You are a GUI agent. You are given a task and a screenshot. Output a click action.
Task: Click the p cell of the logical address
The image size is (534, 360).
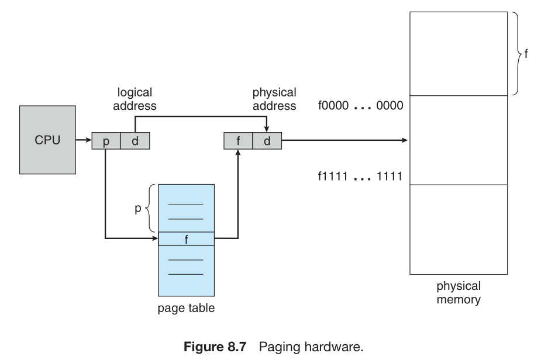point(106,141)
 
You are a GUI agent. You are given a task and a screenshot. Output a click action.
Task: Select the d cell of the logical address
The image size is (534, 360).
point(135,141)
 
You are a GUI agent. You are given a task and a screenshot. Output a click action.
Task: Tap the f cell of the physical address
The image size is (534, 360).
point(238,141)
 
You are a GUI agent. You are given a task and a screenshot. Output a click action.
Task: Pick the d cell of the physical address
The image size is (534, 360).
point(267,141)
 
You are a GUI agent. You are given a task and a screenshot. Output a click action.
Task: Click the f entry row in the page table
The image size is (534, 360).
point(186,240)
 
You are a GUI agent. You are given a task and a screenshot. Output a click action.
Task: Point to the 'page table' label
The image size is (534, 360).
point(186,308)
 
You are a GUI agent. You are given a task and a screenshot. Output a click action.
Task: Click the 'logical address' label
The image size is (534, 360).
point(135,99)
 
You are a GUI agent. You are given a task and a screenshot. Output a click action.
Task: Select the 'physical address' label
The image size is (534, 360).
point(274,99)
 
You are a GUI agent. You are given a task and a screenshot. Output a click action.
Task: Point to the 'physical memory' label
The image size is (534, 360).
point(459,293)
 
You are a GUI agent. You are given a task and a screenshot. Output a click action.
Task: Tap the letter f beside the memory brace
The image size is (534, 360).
point(526,53)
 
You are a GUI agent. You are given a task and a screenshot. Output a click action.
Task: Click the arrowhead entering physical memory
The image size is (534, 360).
point(405,141)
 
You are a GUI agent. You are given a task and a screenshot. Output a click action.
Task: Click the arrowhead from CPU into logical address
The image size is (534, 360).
point(88,141)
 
